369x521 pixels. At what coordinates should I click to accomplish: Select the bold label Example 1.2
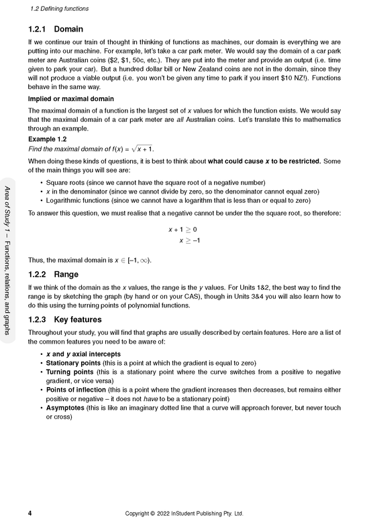[47, 139]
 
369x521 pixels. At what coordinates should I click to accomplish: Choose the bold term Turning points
[68, 372]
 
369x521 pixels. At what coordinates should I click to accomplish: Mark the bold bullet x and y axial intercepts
[83, 354]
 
